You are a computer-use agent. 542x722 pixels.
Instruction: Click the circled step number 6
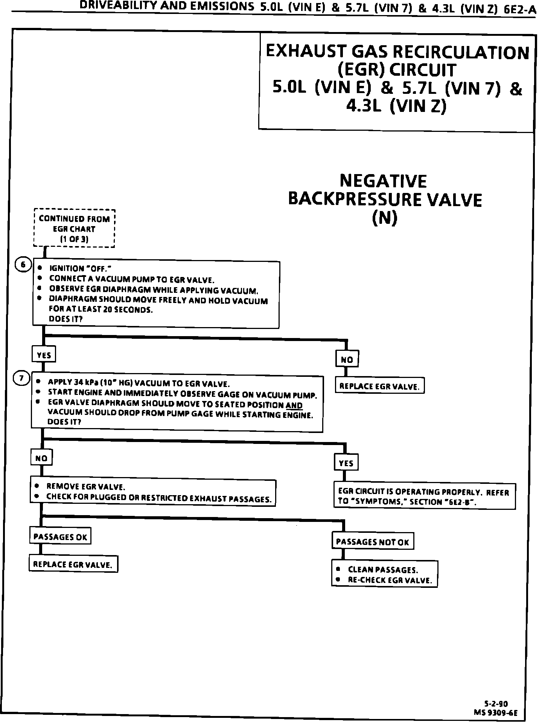[x=23, y=265]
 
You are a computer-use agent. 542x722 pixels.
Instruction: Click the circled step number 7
[x=21, y=378]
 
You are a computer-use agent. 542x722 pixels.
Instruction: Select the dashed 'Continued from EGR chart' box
[x=74, y=228]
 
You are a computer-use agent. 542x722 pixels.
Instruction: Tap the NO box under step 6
[x=347, y=359]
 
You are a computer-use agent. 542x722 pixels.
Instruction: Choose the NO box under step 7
[x=41, y=458]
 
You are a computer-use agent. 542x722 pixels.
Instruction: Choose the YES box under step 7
[x=346, y=463]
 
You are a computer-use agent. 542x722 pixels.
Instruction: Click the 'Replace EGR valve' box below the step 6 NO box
[x=379, y=386]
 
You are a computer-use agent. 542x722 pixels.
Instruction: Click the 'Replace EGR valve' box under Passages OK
[x=73, y=564]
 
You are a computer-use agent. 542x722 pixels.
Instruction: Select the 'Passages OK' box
[x=60, y=536]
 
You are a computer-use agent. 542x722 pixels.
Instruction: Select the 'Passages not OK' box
[x=372, y=542]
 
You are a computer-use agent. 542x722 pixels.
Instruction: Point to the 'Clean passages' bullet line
[x=383, y=569]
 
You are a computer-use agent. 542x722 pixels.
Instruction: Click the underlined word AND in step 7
[x=294, y=405]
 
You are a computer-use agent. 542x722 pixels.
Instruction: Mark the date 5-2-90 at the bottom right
[x=496, y=704]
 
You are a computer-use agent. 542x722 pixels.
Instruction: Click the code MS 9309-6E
[x=496, y=713]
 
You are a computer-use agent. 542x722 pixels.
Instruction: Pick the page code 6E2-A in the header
[x=520, y=9]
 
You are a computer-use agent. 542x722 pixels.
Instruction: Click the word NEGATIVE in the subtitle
[x=383, y=181]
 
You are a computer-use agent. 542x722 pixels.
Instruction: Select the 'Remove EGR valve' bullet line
[x=85, y=486]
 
